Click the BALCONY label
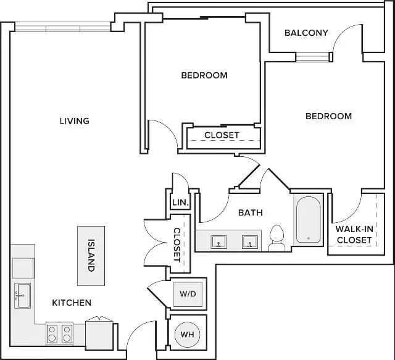click(306, 33)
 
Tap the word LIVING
click(75, 121)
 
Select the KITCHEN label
click(72, 303)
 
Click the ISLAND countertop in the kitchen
click(91, 256)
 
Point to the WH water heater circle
click(188, 335)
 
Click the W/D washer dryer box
click(188, 294)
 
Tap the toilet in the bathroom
click(276, 238)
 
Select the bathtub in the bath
click(309, 220)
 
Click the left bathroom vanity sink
click(218, 242)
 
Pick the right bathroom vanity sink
click(249, 242)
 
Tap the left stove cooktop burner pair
click(52, 334)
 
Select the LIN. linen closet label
click(180, 202)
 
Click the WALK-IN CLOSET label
click(354, 235)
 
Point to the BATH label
click(251, 213)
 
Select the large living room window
click(63, 27)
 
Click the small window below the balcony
click(312, 57)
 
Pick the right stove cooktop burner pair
click(67, 334)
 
